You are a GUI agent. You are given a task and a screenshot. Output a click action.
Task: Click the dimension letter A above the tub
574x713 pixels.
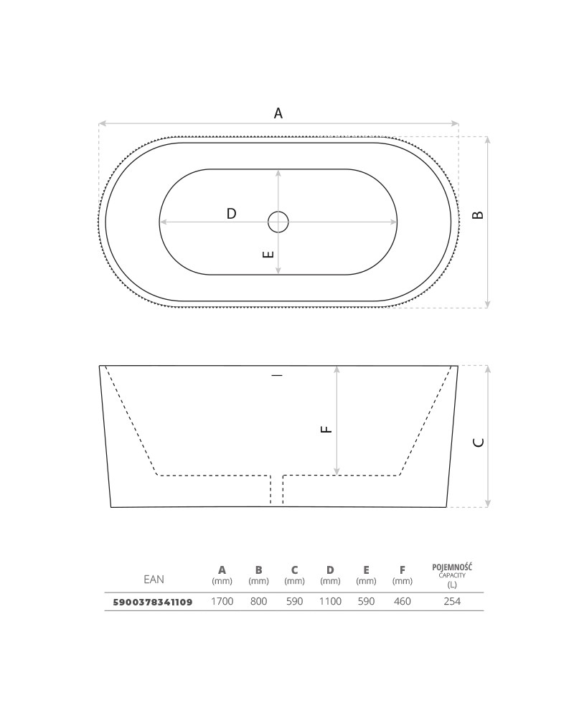(x=278, y=113)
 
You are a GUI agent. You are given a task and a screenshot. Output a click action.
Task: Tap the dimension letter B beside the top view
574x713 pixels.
(x=478, y=215)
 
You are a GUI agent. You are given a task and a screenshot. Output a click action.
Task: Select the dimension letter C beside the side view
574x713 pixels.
(x=479, y=442)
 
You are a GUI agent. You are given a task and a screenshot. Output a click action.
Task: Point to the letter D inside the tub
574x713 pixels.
(x=232, y=213)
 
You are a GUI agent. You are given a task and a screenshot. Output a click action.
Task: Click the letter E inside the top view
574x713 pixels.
(x=269, y=254)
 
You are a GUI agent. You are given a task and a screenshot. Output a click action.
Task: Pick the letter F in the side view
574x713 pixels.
(x=326, y=429)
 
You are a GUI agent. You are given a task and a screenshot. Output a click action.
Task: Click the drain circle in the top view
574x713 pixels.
(x=278, y=222)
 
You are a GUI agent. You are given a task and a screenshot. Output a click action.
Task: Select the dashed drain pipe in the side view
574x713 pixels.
(x=277, y=490)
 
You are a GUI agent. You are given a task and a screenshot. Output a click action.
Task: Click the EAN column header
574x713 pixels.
(x=154, y=580)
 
